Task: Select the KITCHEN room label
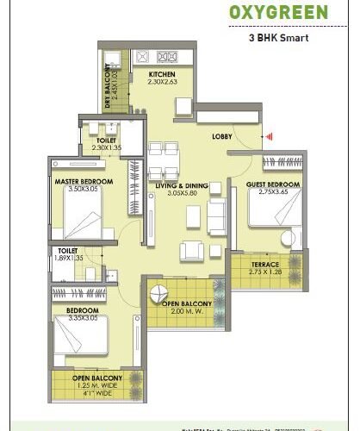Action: pyautogui.click(x=162, y=75)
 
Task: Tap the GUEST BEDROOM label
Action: pyautogui.click(x=273, y=184)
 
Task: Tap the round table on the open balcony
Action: pyautogui.click(x=158, y=293)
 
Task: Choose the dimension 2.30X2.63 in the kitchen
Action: pyautogui.click(x=162, y=83)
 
